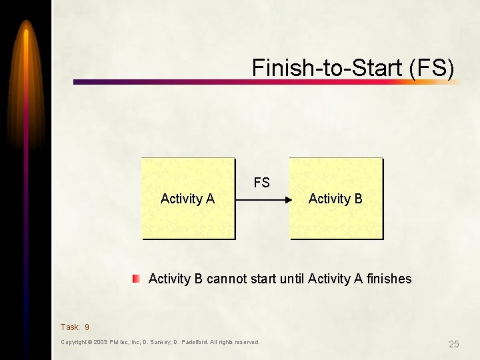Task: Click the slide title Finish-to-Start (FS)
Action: pyautogui.click(x=353, y=68)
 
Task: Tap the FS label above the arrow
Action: pyautogui.click(x=261, y=183)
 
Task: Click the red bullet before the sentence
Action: pyautogui.click(x=136, y=279)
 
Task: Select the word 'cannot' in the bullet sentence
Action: pyautogui.click(x=227, y=279)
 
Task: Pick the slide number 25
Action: pyautogui.click(x=454, y=344)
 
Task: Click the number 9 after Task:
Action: pyautogui.click(x=87, y=327)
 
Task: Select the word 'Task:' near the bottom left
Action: pyautogui.click(x=70, y=327)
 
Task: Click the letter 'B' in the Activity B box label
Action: pyautogui.click(x=358, y=199)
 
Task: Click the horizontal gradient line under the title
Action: pyautogui.click(x=267, y=82)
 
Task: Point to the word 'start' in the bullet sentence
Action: pyautogui.click(x=263, y=279)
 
